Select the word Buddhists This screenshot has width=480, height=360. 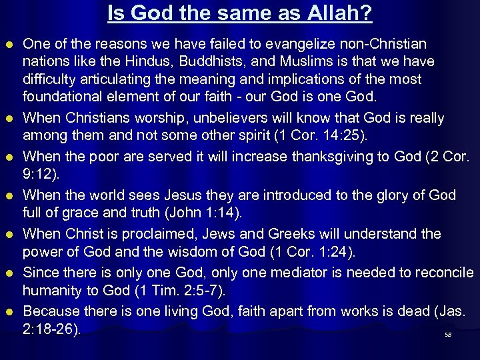click(231, 62)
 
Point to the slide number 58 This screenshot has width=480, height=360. click(448, 335)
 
